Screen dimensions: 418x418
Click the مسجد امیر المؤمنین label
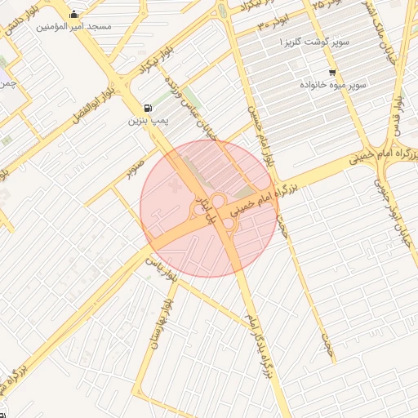point(73,26)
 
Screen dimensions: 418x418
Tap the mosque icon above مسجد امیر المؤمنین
point(74,13)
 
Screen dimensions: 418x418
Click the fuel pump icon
point(147,108)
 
